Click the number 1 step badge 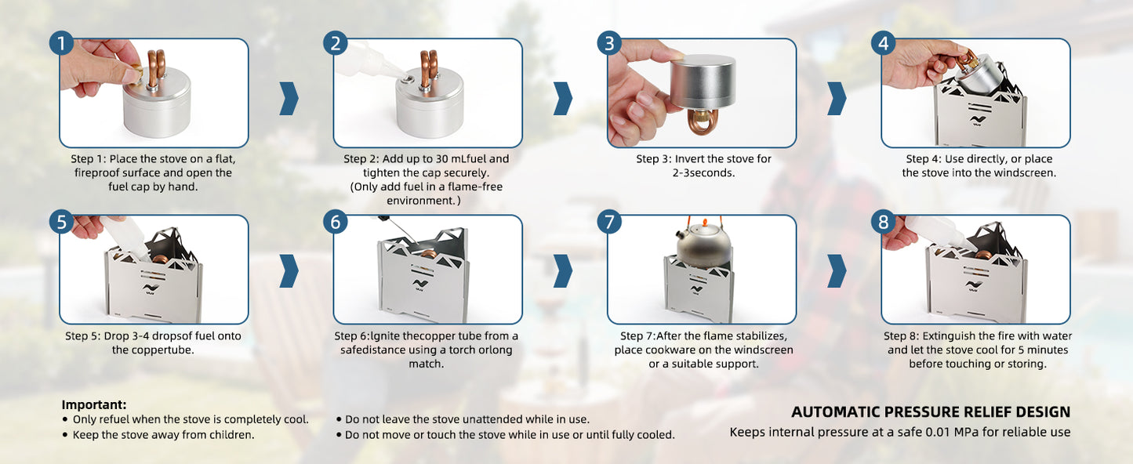click(x=61, y=43)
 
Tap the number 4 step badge click(x=883, y=43)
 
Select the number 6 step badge click(x=336, y=221)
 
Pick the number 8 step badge click(x=883, y=221)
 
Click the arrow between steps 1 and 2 click(x=289, y=98)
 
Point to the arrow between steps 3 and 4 click(x=837, y=98)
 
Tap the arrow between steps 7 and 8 click(x=837, y=271)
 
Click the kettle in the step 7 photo click(x=703, y=245)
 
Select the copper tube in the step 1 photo click(x=156, y=68)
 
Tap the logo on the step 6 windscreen click(x=421, y=286)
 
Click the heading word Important click(x=94, y=405)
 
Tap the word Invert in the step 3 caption click(x=692, y=158)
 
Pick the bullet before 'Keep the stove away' click(x=65, y=435)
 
